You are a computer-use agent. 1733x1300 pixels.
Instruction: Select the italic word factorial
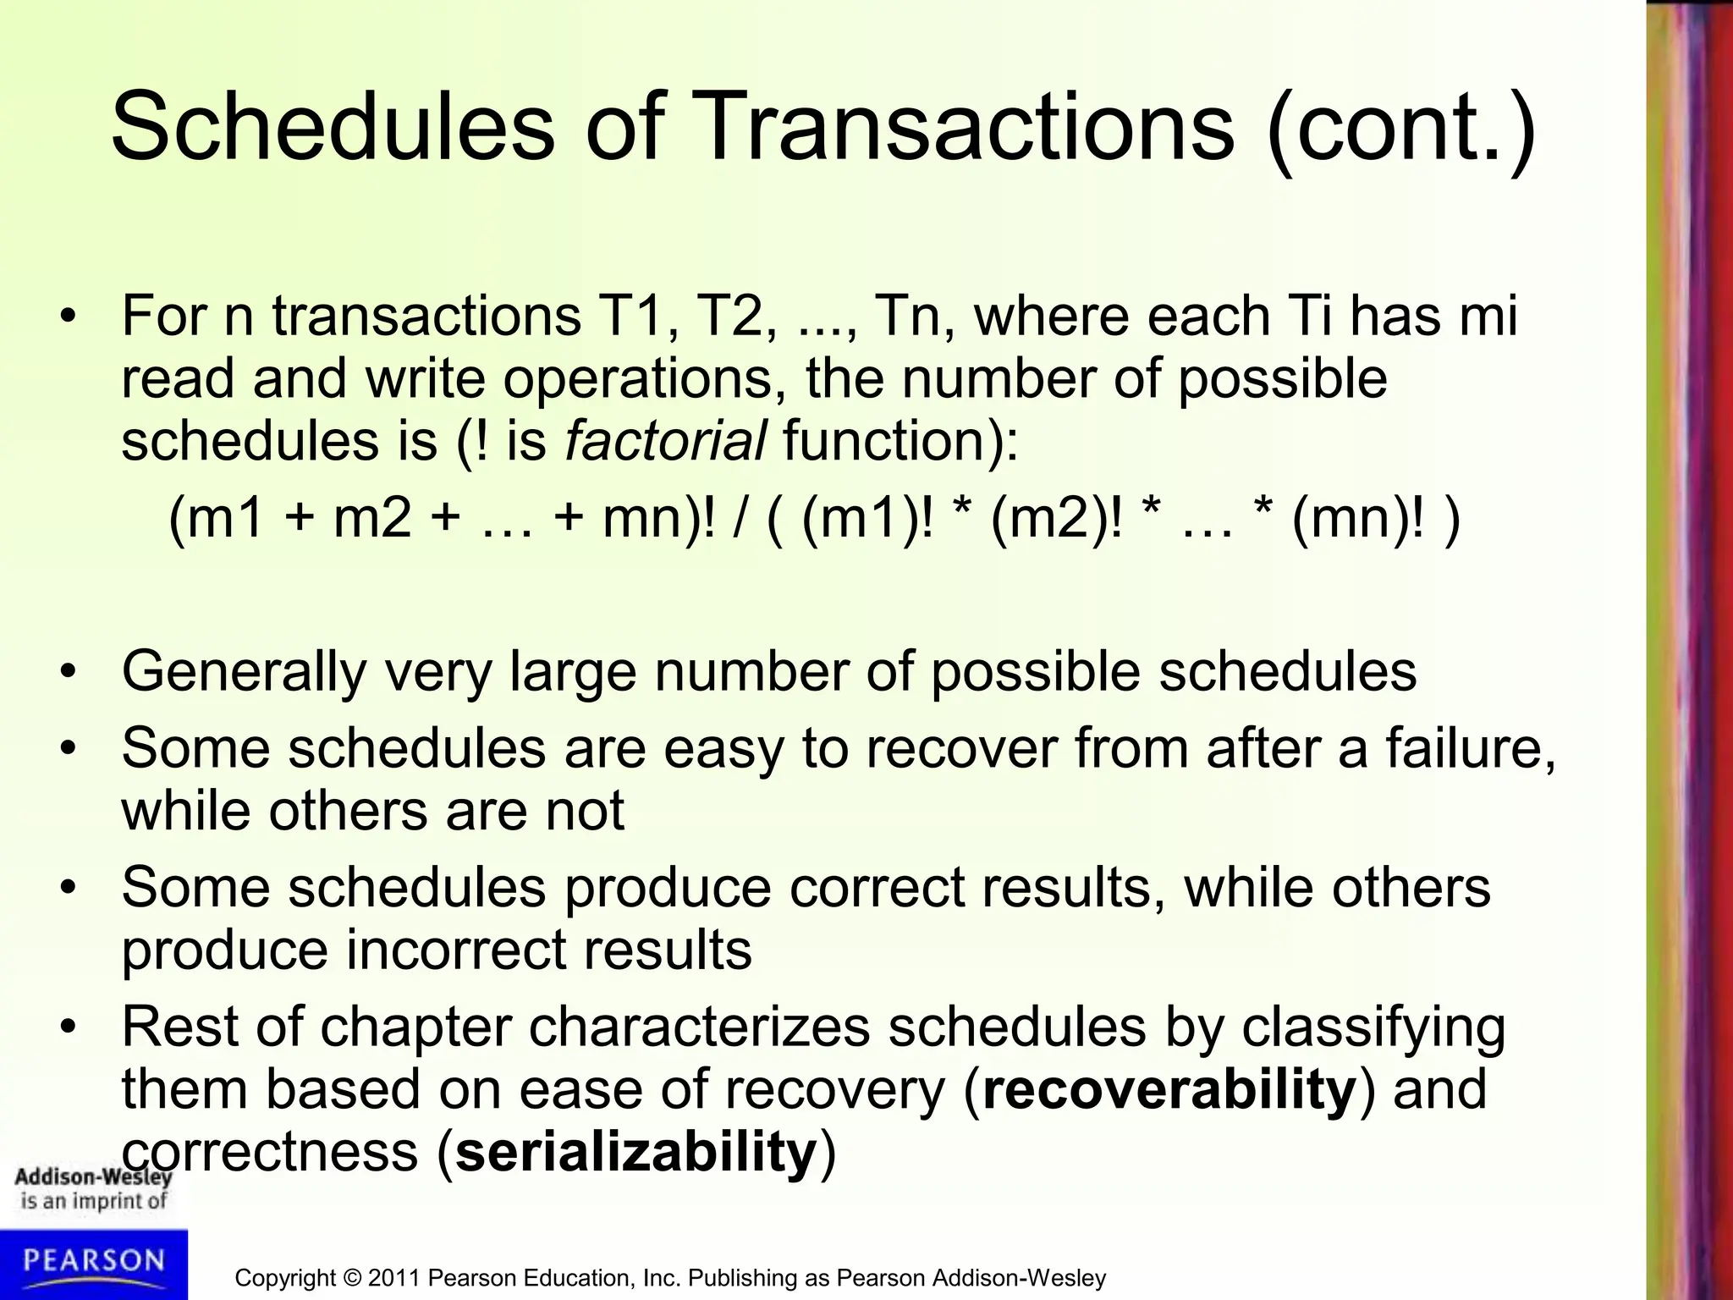click(x=666, y=441)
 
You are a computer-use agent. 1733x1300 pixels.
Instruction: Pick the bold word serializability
click(x=635, y=1152)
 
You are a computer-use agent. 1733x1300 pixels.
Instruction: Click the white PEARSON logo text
click(x=93, y=1260)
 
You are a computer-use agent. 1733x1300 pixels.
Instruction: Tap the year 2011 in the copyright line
click(x=394, y=1278)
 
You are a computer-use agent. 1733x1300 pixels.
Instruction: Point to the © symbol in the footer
click(x=351, y=1278)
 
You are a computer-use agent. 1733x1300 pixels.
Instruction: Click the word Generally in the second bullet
click(x=244, y=671)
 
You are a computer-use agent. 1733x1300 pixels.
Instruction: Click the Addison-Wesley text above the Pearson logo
click(x=93, y=1176)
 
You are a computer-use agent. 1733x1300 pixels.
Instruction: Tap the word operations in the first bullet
click(x=638, y=378)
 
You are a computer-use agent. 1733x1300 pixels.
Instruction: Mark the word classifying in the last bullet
click(x=1373, y=1027)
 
